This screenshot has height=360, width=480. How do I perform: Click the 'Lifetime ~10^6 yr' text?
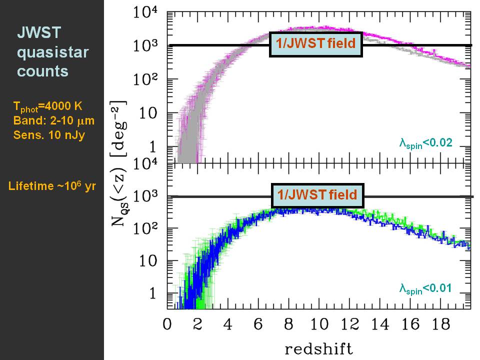click(x=52, y=186)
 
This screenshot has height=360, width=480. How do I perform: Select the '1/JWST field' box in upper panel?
click(x=315, y=43)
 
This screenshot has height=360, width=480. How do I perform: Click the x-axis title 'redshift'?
click(x=318, y=347)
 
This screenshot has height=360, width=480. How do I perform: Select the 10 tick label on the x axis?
click(x=318, y=324)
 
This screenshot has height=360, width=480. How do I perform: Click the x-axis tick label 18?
click(x=441, y=324)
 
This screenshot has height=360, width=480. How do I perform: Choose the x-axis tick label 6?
click(x=258, y=324)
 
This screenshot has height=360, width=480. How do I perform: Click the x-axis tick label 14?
click(x=380, y=324)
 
